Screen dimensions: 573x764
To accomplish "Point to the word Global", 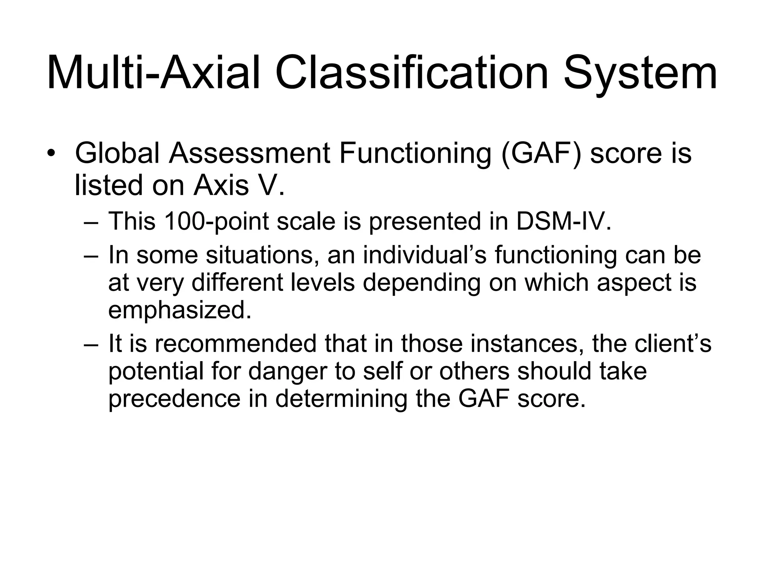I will tap(117, 153).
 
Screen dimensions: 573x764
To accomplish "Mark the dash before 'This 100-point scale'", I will tap(91, 222).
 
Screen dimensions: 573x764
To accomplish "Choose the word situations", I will tap(262, 255).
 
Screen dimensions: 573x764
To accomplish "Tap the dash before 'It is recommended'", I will tap(91, 344).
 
